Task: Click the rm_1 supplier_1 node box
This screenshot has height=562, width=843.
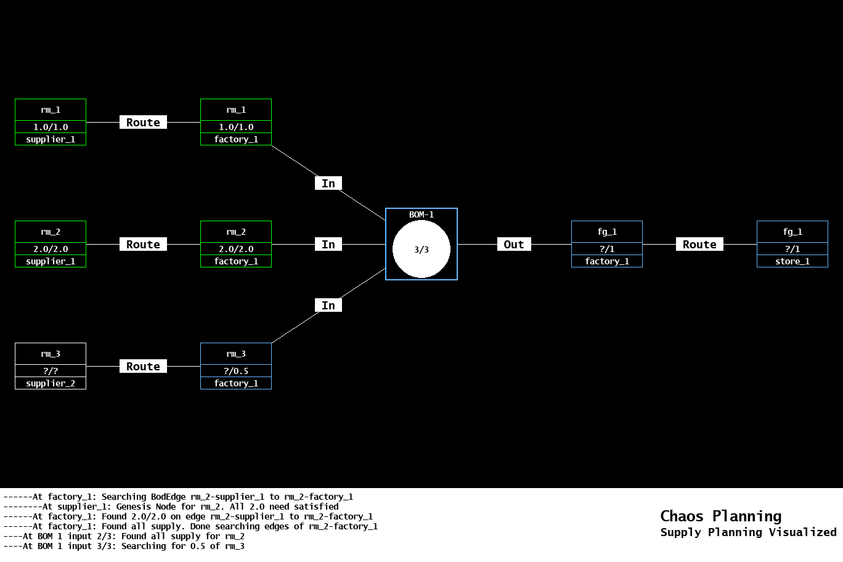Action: pos(51,122)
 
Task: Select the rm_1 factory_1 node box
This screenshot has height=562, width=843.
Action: pos(236,122)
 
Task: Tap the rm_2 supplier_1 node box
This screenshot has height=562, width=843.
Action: pos(51,244)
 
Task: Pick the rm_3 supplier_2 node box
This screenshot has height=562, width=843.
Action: pos(51,366)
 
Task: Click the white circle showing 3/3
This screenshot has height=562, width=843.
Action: pos(421,250)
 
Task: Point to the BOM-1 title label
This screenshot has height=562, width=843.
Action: pos(421,214)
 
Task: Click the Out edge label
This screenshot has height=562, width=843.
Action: pos(514,244)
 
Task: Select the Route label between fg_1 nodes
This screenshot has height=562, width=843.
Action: pos(699,244)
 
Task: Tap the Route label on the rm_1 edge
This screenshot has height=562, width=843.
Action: pos(143,122)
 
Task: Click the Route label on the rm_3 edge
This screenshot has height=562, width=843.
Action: pos(143,366)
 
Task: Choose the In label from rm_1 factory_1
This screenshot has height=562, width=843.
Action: pos(328,183)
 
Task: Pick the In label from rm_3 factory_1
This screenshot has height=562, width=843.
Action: pos(328,305)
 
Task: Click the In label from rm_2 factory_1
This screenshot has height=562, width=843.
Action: pos(328,244)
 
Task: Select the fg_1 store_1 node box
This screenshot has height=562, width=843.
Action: pos(792,244)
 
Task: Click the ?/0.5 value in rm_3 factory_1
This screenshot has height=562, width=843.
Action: pos(236,371)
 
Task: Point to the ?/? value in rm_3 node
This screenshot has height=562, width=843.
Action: pos(51,371)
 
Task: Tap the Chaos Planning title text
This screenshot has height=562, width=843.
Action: pos(720,516)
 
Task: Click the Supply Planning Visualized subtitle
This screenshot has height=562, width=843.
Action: pos(748,532)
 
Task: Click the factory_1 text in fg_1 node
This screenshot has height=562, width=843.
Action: pos(607,261)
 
